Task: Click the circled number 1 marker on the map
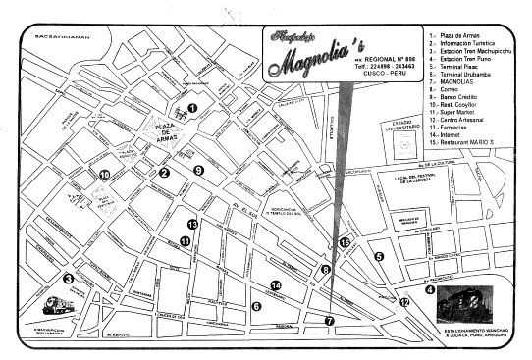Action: [192, 109]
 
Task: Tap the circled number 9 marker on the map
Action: [198, 170]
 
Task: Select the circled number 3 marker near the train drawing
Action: [68, 279]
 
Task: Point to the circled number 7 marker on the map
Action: [330, 320]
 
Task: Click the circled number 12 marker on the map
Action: [404, 302]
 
